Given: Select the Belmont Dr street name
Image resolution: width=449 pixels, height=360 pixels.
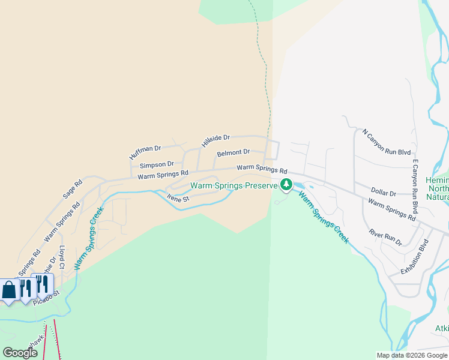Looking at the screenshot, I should (233, 153).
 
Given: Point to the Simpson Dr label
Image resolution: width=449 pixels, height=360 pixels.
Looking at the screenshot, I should (157, 164).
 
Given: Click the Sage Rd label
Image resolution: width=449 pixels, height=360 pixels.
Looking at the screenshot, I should (73, 189).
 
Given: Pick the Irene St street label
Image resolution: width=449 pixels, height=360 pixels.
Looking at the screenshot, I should (178, 197).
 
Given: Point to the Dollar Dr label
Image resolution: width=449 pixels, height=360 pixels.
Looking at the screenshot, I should (384, 193).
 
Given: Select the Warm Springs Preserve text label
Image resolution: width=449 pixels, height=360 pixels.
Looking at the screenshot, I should (234, 186).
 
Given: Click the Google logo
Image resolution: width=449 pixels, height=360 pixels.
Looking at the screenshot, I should (20, 352).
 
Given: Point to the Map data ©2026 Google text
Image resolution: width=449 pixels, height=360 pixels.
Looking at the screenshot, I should (412, 355).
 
